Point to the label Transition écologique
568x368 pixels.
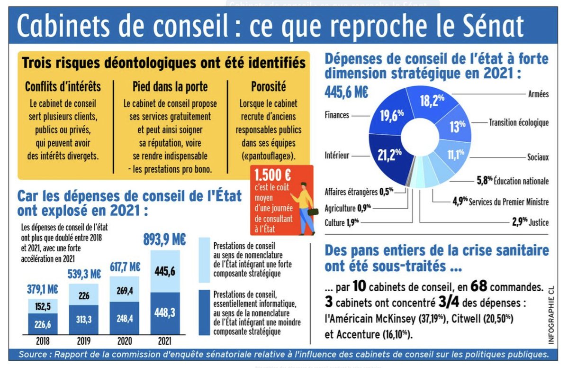tap(519, 123)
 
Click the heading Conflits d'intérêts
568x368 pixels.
tap(63, 87)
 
